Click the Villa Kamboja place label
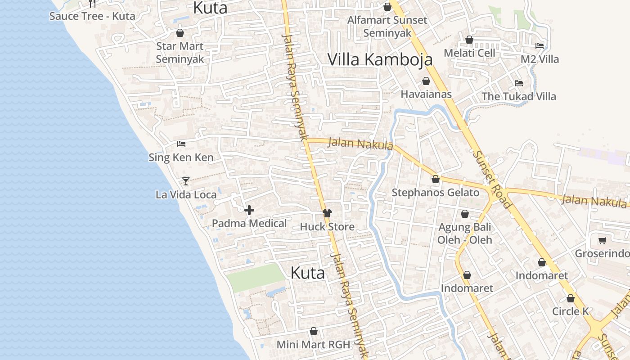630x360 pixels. pos(380,59)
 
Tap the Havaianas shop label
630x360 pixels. pos(426,94)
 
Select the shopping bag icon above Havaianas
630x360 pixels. pos(426,81)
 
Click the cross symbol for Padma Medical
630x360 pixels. pos(249,210)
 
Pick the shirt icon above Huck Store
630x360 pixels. pos(327,213)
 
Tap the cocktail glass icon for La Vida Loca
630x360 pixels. pos(185,181)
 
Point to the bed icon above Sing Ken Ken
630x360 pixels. pos(181,144)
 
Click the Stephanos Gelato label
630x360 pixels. pos(435,193)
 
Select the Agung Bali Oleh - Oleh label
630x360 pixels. pos(465,234)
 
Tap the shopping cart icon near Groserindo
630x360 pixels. pos(602,240)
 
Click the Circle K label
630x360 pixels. pos(571,311)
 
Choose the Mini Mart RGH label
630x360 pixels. pos(313,345)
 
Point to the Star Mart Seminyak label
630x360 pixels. pos(180,53)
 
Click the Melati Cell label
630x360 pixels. pos(469,53)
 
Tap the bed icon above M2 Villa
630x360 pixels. pos(540,46)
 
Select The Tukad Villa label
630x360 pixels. pos(519,96)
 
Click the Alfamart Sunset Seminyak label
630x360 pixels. pos(387,27)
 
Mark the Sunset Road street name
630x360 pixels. pos(492,179)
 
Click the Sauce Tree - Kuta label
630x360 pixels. pos(92,16)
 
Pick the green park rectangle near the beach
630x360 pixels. pos(256,277)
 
